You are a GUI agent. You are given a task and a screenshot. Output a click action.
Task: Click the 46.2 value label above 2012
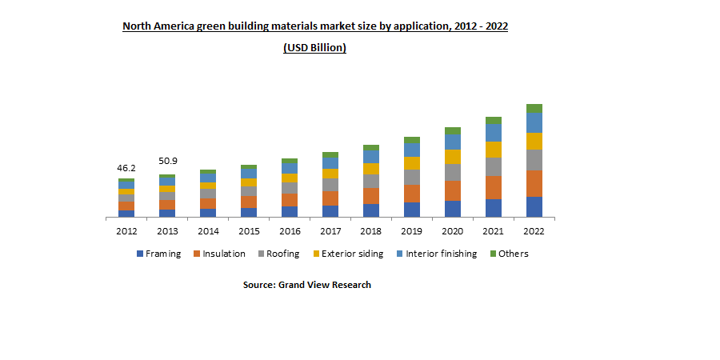coord(126,169)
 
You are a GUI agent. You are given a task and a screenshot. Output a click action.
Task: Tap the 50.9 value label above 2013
coord(167,161)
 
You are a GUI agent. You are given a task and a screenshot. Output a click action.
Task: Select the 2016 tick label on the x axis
coord(290,230)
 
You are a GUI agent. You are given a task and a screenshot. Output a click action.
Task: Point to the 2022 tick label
coord(534,230)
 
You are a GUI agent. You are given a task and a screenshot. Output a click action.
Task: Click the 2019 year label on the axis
coord(412,230)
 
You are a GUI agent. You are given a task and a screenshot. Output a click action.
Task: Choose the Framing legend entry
coord(158,254)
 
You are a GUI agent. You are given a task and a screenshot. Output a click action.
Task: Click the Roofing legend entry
coord(278,254)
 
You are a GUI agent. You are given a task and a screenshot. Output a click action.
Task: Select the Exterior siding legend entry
coord(349,254)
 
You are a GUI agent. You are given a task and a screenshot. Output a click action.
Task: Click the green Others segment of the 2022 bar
coord(534,108)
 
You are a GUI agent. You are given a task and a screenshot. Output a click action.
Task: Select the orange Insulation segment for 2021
coord(494,187)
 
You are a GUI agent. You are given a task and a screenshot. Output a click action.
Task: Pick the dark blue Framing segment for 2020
coord(453,209)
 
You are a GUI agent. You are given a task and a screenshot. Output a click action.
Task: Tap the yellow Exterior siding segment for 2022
coord(534,141)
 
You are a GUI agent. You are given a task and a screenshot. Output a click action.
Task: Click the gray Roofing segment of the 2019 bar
coord(412,177)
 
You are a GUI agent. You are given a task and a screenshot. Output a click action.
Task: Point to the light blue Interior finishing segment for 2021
coord(494,133)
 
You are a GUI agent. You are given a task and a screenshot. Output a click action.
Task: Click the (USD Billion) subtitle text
coord(314,48)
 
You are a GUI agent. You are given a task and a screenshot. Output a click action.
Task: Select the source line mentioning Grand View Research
coord(307,285)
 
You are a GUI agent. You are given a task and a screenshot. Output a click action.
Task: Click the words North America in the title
coord(154,26)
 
